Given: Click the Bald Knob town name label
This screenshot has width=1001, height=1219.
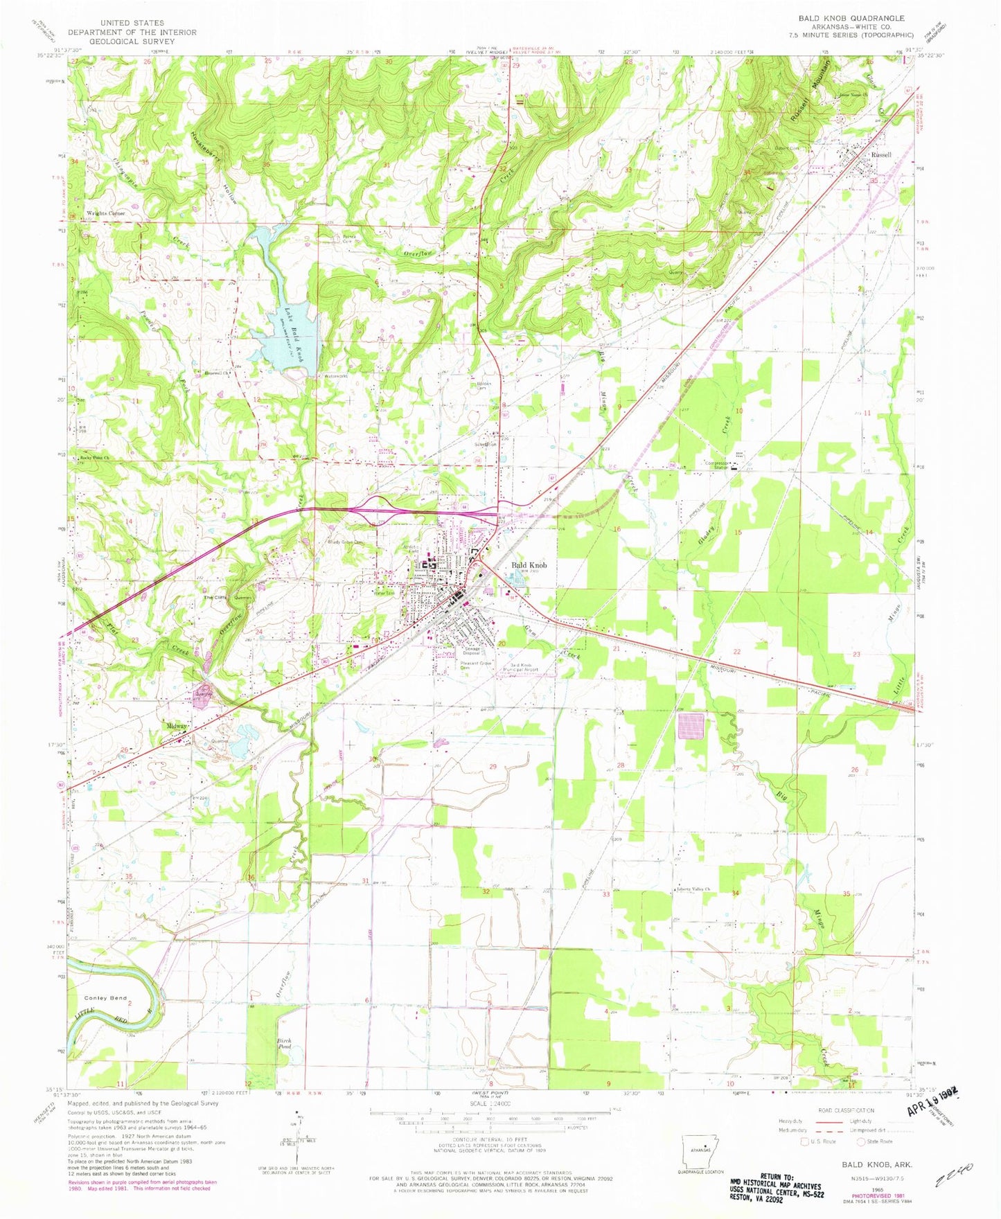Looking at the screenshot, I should (529, 565).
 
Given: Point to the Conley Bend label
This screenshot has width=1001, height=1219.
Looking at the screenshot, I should (105, 998).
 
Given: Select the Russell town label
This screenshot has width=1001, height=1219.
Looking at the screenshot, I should (881, 154).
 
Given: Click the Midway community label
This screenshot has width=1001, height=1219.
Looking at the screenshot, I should (177, 726).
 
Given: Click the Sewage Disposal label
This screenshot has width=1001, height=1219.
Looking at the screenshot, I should (472, 651).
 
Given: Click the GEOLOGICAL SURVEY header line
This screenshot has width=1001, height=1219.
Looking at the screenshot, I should (132, 42).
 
